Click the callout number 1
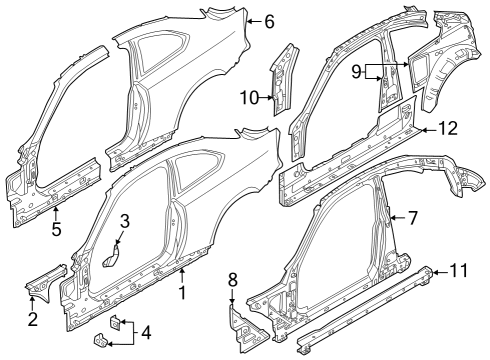point(182,294)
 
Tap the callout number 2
point(33,319)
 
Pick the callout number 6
point(268,19)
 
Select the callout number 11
point(459,270)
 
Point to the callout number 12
point(448,128)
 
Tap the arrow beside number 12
point(428,128)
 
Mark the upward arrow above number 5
point(55,213)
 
